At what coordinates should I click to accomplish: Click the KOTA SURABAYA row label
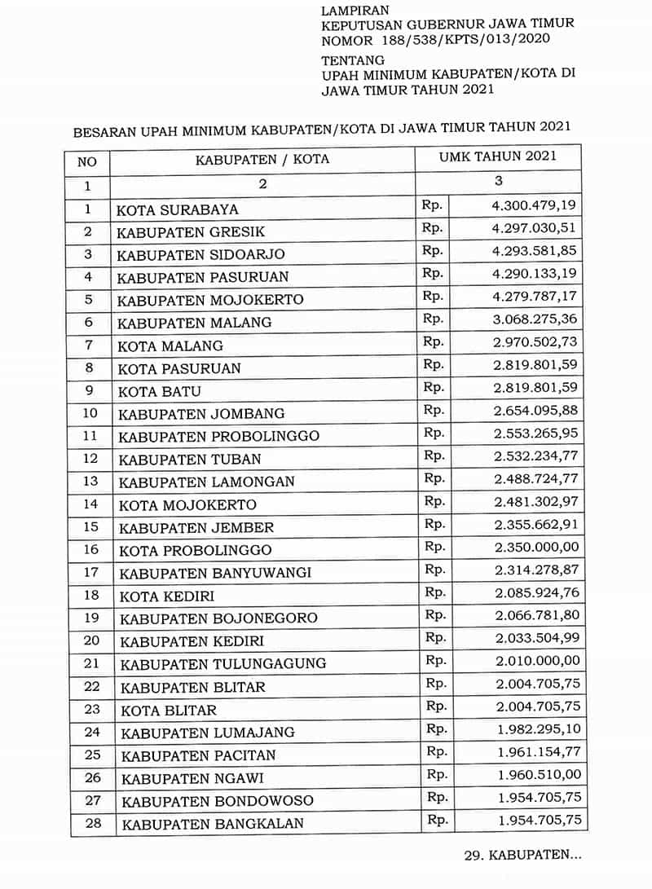tap(177, 209)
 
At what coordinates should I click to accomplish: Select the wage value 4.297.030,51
tap(534, 228)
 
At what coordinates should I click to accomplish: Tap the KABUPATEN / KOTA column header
tap(262, 160)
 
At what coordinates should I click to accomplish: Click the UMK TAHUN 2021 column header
tap(498, 156)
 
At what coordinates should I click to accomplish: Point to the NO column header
tap(86, 161)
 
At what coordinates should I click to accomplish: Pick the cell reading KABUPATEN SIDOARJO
tap(200, 254)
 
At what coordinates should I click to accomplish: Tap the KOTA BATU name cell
tap(159, 391)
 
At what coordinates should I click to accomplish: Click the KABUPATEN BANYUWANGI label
tap(215, 572)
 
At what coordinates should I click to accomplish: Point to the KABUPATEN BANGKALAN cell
tap(213, 824)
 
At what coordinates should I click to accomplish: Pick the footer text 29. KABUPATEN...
tap(522, 856)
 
